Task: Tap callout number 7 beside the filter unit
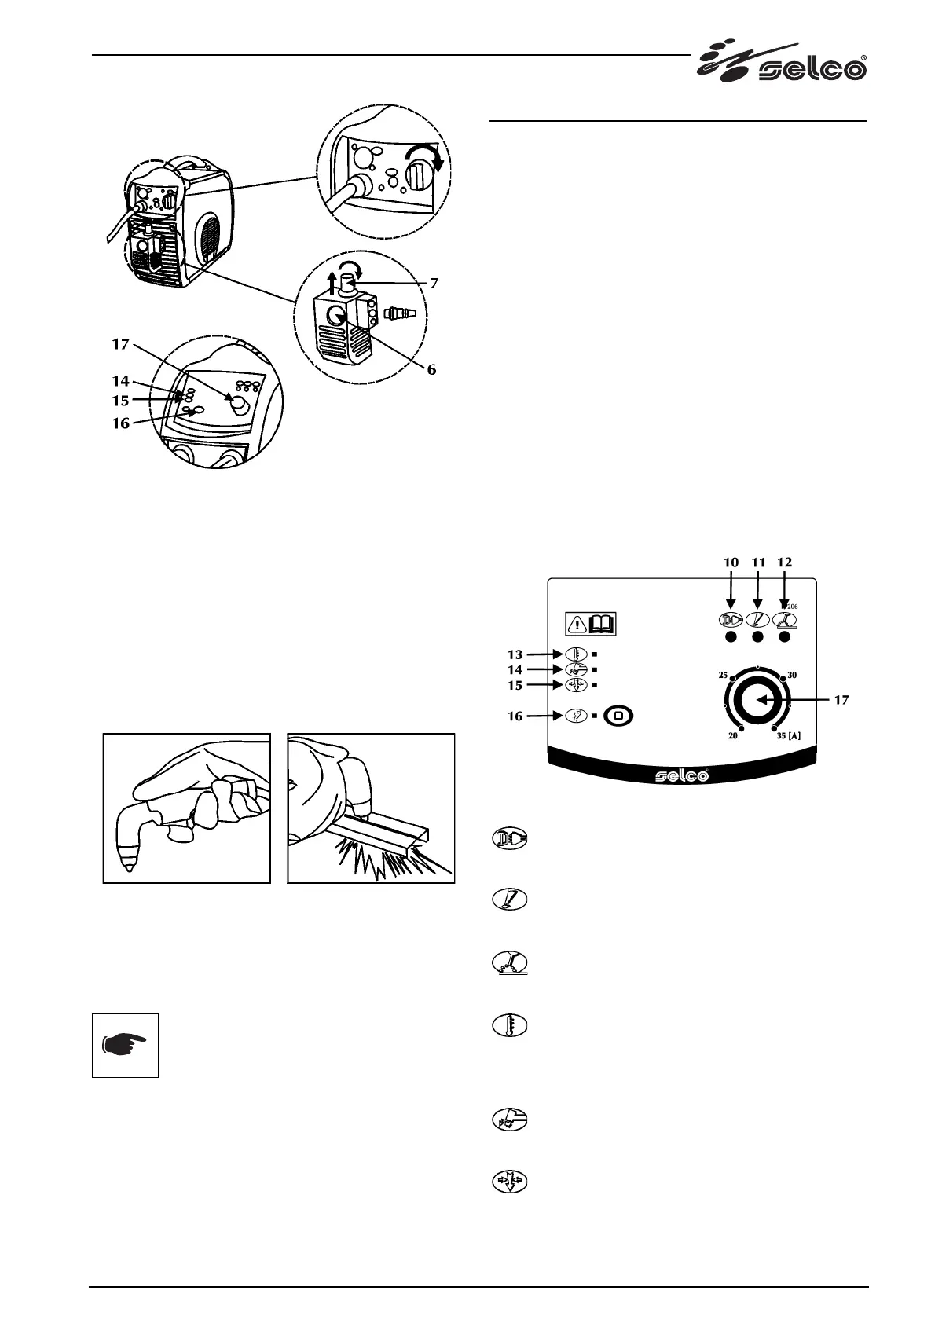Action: (434, 283)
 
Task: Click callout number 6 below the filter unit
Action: (431, 369)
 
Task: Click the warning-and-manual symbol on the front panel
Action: (591, 624)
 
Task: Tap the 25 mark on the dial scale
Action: (723, 674)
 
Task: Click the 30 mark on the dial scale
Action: (792, 674)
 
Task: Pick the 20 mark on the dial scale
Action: (732, 736)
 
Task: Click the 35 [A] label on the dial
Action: (789, 736)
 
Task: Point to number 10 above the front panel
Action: (731, 563)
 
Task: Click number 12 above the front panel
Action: (784, 563)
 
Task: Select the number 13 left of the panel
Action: (515, 654)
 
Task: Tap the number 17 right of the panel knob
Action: (841, 700)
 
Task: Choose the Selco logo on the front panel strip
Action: (682, 775)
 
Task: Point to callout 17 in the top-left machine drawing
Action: (120, 344)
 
